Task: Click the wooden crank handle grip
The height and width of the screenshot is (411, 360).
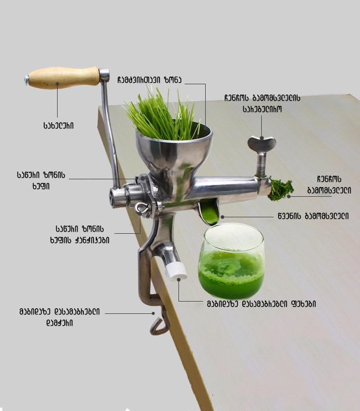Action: (64, 78)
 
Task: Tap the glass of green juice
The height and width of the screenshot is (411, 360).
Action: (231, 261)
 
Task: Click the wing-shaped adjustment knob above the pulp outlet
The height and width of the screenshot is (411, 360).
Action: (262, 144)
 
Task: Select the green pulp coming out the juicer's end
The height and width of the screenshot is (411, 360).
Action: (280, 189)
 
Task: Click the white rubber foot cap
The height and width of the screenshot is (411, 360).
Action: (176, 271)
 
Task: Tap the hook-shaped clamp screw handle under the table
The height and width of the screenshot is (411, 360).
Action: (159, 323)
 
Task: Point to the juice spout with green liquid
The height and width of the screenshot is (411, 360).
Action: (208, 211)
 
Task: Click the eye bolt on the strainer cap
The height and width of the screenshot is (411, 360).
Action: (143, 209)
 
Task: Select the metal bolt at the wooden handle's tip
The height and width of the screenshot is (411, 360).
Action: (27, 80)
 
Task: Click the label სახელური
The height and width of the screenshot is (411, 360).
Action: (58, 125)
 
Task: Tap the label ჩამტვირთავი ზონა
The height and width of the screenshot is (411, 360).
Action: (149, 80)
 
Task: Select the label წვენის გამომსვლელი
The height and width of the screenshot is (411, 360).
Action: (313, 216)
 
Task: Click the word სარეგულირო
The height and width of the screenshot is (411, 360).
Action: (262, 109)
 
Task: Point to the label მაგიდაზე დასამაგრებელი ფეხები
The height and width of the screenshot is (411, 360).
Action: (261, 304)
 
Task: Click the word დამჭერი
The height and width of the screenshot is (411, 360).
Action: (60, 323)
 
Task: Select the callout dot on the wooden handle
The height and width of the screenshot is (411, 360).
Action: (57, 84)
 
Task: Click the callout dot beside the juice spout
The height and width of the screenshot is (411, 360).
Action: (222, 217)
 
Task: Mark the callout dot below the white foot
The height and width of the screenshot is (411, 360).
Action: (178, 279)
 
